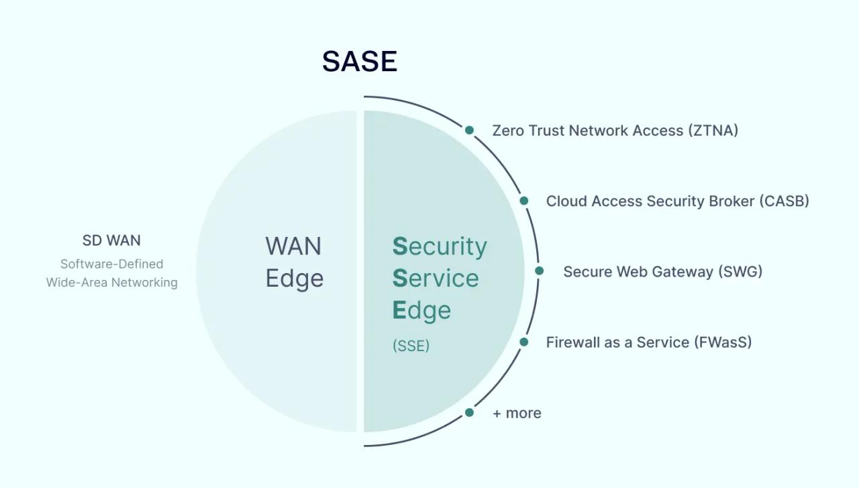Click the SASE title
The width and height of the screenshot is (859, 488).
click(360, 61)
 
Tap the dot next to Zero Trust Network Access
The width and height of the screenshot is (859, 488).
click(469, 130)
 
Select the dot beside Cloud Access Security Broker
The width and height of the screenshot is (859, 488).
click(524, 201)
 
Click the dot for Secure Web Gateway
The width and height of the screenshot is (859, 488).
click(539, 271)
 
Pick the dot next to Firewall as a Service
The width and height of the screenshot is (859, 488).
click(524, 342)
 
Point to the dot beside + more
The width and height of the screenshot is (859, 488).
click(469, 412)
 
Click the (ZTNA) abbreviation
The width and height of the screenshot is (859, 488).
click(713, 130)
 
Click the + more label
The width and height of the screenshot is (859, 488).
click(517, 413)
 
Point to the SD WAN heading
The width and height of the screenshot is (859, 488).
click(111, 240)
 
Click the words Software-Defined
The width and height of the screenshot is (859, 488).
click(111, 264)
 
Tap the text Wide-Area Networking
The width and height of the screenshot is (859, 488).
click(111, 283)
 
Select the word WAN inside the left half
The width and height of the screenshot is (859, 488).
click(293, 246)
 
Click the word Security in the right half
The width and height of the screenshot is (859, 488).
click(440, 246)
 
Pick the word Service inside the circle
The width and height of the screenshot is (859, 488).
click(436, 278)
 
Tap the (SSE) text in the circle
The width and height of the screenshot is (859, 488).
click(411, 346)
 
